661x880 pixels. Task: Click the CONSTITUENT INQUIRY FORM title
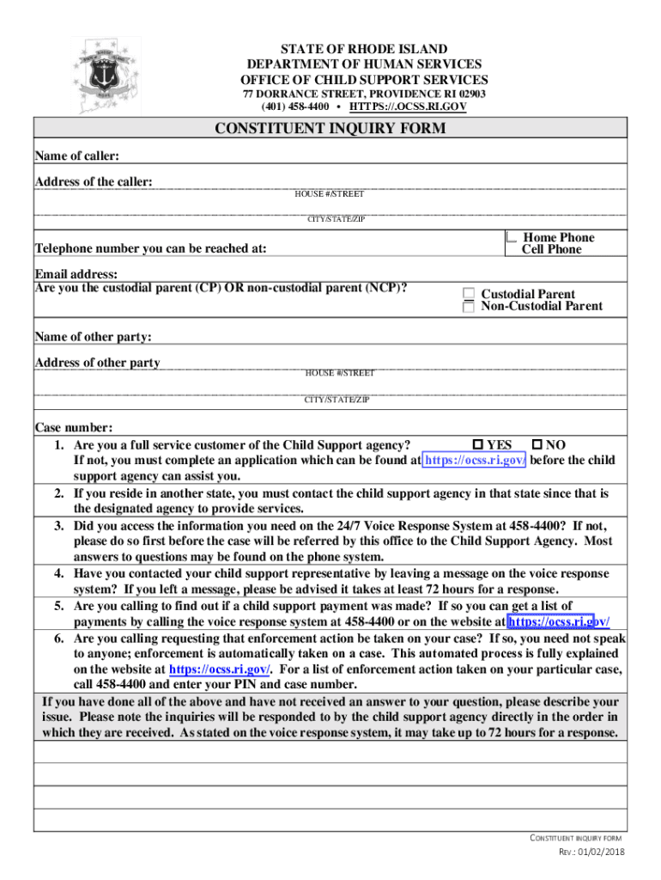330,129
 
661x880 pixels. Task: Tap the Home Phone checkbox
512,236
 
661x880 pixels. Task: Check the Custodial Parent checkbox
469,294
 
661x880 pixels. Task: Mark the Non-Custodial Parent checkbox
469,307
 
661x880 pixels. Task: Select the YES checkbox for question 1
478,445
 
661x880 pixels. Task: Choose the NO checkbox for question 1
537,445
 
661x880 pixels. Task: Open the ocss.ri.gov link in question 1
476,461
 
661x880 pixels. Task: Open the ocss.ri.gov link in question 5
559,621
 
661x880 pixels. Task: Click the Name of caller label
76,156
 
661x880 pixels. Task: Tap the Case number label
73,428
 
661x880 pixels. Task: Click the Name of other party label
93,337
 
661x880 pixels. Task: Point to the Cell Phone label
551,249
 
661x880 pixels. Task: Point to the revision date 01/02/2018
603,852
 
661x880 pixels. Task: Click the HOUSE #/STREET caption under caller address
330,194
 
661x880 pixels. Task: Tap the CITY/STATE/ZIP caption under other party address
337,400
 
